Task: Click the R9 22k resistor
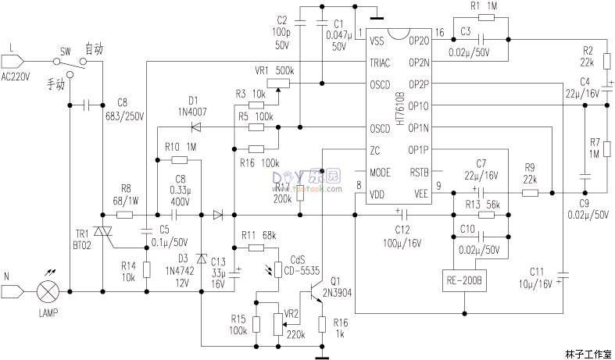tap(530, 192)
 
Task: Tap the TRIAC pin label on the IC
tap(382, 62)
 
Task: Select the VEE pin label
tap(420, 194)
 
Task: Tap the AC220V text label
tap(16, 77)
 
